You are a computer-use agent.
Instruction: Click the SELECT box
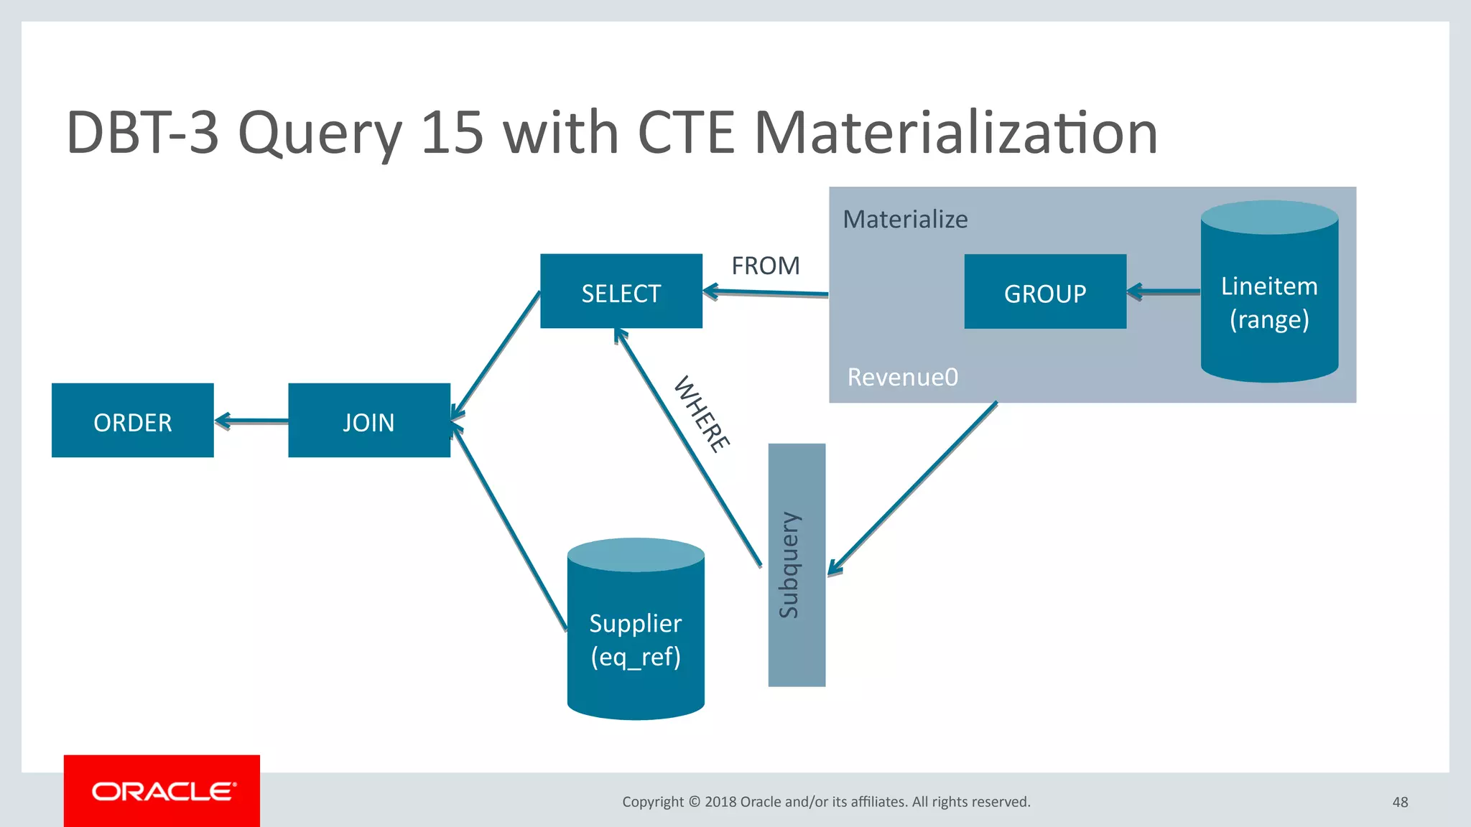[x=621, y=291]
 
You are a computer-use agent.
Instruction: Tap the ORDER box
[x=132, y=421]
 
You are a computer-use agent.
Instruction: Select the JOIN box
[x=368, y=421]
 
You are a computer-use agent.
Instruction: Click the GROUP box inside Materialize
[x=1044, y=291]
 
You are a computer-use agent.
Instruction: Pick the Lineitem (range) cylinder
[x=1269, y=302]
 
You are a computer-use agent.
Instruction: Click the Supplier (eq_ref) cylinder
[x=635, y=639]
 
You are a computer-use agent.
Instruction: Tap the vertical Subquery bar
[x=797, y=564]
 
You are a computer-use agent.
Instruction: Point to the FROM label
[x=765, y=266]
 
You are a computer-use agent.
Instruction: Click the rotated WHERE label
[x=702, y=414]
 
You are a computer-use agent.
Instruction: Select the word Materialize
[x=905, y=219]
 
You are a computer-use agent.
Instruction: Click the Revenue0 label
[x=902, y=377]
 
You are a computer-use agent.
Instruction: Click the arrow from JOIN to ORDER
[x=251, y=421]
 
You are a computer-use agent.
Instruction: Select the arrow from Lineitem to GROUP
[x=1164, y=291]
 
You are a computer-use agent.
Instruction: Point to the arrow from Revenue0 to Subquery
[x=912, y=488]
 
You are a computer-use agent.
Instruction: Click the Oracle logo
[x=162, y=791]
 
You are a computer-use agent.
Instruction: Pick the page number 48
[x=1400, y=802]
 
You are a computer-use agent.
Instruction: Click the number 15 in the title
[x=452, y=133]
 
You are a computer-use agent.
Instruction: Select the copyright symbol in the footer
[x=694, y=802]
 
